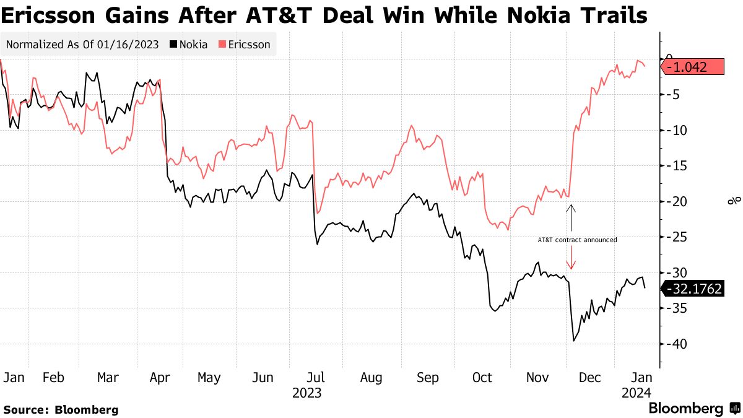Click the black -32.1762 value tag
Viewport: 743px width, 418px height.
(693, 288)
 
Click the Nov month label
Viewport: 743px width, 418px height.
(537, 378)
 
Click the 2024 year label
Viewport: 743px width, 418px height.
(637, 393)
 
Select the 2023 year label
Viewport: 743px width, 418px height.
(306, 393)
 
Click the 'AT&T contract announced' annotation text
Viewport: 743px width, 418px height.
(577, 240)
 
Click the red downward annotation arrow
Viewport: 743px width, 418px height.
(571, 258)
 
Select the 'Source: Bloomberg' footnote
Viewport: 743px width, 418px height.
(61, 409)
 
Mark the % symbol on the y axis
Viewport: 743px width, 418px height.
(734, 201)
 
